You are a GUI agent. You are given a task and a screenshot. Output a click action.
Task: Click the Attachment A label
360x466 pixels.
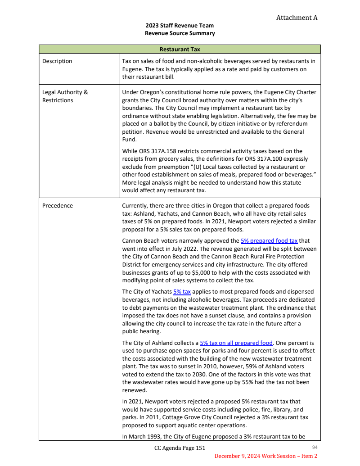coord(297,18)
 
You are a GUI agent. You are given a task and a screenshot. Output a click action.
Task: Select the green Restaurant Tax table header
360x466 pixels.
coord(180,49)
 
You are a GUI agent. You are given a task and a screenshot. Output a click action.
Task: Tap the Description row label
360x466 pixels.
coord(57,61)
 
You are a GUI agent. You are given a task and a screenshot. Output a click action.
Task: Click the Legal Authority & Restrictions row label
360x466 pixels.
coord(65,96)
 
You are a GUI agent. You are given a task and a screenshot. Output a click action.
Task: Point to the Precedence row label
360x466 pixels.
coord(58,206)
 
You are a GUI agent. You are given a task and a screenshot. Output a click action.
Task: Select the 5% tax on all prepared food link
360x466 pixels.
coord(236,343)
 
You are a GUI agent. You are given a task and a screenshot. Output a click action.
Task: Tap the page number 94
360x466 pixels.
coord(315,447)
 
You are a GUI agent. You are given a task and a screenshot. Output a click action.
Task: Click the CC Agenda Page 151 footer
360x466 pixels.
coord(180,448)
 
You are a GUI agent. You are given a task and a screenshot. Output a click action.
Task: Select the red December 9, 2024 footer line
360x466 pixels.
coord(265,456)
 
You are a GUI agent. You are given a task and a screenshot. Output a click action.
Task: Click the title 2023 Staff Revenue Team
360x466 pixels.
coord(180,26)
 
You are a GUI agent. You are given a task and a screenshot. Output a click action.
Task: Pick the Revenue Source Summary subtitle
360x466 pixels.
coord(180,33)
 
